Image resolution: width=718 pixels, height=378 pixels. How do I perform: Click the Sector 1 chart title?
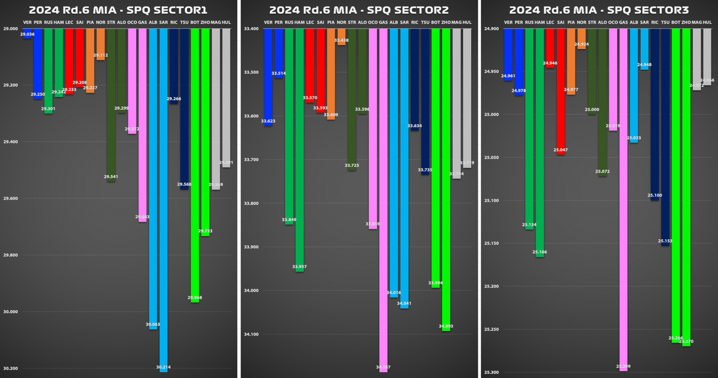point(118,10)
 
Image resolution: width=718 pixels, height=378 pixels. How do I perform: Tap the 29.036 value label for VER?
point(27,34)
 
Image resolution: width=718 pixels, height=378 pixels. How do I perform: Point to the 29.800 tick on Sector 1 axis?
point(11,255)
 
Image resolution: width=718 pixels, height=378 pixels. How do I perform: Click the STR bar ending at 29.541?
point(111,105)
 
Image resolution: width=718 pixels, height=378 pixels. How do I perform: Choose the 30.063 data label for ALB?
point(153,324)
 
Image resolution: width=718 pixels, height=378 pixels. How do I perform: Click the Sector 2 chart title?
point(359,10)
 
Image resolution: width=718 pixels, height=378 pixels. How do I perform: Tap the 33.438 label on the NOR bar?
point(341,40)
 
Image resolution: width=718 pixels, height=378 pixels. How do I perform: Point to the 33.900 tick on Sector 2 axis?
point(251,247)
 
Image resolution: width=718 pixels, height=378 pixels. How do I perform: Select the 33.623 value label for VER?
point(268,121)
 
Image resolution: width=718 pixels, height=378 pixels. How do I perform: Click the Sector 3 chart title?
point(599,10)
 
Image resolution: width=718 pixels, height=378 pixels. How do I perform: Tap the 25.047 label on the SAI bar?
point(561,150)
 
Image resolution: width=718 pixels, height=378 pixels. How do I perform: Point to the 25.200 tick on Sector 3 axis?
point(492,286)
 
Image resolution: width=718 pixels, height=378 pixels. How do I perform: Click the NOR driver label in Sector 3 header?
point(582,22)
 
